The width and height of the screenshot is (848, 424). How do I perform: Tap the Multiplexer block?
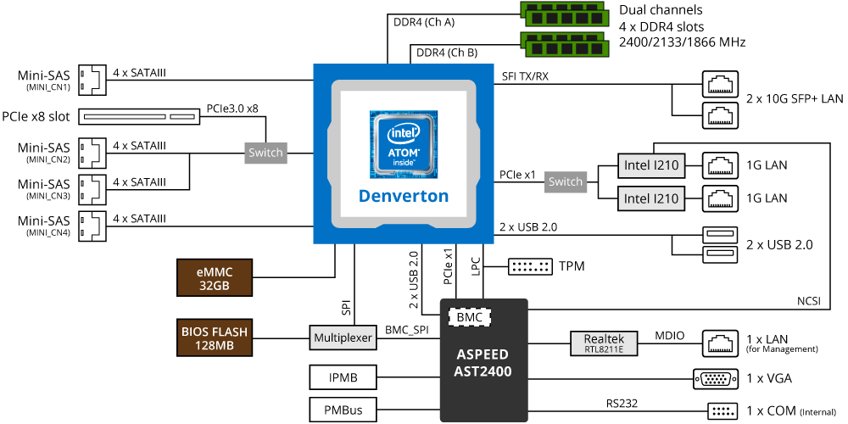pos(343,338)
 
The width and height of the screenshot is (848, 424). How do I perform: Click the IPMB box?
pos(343,376)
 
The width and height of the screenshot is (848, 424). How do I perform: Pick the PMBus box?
pos(343,410)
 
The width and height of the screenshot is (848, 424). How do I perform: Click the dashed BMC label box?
pos(470,317)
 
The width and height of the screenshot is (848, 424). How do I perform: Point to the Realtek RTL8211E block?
pos(604,343)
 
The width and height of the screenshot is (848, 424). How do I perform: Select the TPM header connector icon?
pos(530,266)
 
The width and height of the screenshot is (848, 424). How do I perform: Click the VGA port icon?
pos(715,378)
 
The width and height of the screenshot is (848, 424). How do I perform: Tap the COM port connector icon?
pos(720,411)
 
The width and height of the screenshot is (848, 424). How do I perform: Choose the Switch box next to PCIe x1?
pos(566,181)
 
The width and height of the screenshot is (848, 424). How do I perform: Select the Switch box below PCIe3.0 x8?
pos(266,153)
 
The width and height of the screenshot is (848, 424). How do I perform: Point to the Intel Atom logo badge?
pos(403,144)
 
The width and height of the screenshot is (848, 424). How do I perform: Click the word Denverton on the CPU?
pos(403,196)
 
